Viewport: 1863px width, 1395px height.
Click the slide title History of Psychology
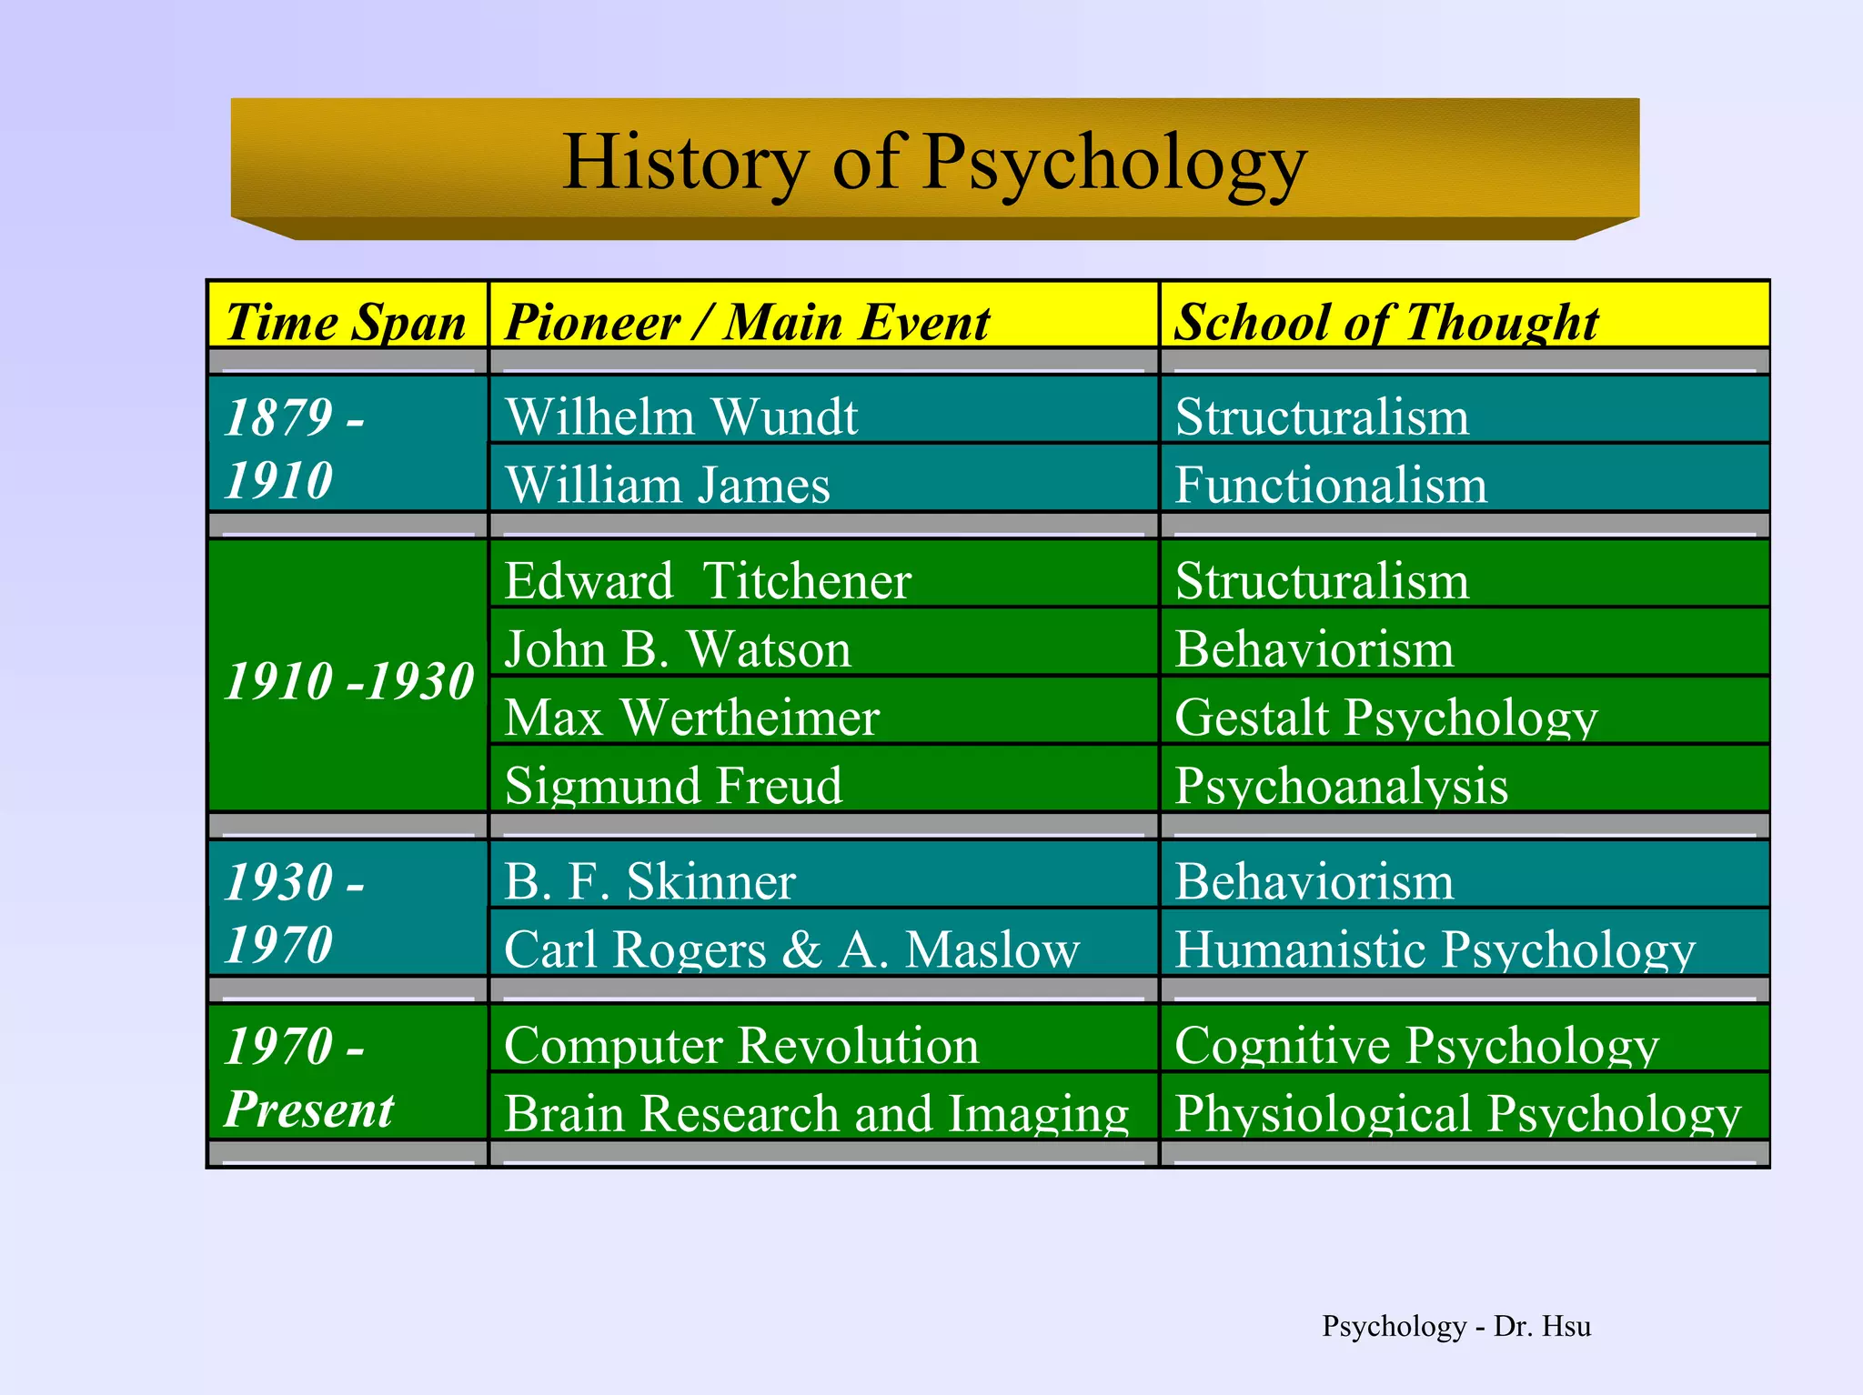(x=934, y=162)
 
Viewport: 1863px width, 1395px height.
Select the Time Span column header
(x=346, y=321)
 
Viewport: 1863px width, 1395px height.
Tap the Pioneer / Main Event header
(x=747, y=321)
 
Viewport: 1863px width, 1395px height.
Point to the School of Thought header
(x=1385, y=321)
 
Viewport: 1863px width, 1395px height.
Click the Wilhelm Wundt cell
(x=681, y=416)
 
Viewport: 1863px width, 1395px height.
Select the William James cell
(x=668, y=484)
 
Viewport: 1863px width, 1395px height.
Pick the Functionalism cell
(x=1331, y=484)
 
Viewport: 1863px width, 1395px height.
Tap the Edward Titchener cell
(x=708, y=580)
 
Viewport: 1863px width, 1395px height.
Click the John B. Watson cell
(x=678, y=648)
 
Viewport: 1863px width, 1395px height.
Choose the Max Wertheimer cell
(x=691, y=717)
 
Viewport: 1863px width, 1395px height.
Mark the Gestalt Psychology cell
(x=1385, y=717)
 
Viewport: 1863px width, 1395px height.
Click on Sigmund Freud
(x=673, y=785)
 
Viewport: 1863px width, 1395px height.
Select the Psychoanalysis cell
(x=1341, y=785)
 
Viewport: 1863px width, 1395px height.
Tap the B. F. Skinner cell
(x=650, y=880)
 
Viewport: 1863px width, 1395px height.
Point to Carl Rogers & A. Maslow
(x=791, y=948)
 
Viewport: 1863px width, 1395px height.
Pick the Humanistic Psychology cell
(x=1435, y=948)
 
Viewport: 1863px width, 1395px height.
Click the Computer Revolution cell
(x=741, y=1044)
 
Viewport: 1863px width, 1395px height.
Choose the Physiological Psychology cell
(x=1457, y=1112)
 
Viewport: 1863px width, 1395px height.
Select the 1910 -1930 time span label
(x=348, y=680)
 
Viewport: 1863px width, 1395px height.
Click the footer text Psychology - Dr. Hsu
(x=1455, y=1326)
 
